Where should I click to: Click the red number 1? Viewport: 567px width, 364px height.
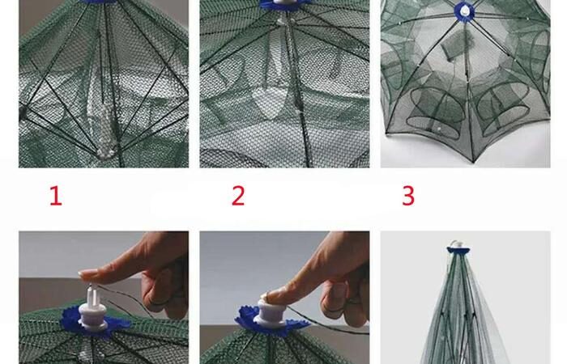(56, 196)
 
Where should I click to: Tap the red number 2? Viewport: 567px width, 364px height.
(238, 196)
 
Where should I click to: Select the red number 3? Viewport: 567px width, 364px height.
(408, 196)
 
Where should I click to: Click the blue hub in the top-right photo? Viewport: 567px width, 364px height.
(465, 11)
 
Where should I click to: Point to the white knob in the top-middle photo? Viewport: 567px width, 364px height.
(284, 2)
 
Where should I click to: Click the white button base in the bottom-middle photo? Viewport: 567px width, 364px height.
(271, 314)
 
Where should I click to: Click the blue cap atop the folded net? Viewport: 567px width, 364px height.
(458, 250)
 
